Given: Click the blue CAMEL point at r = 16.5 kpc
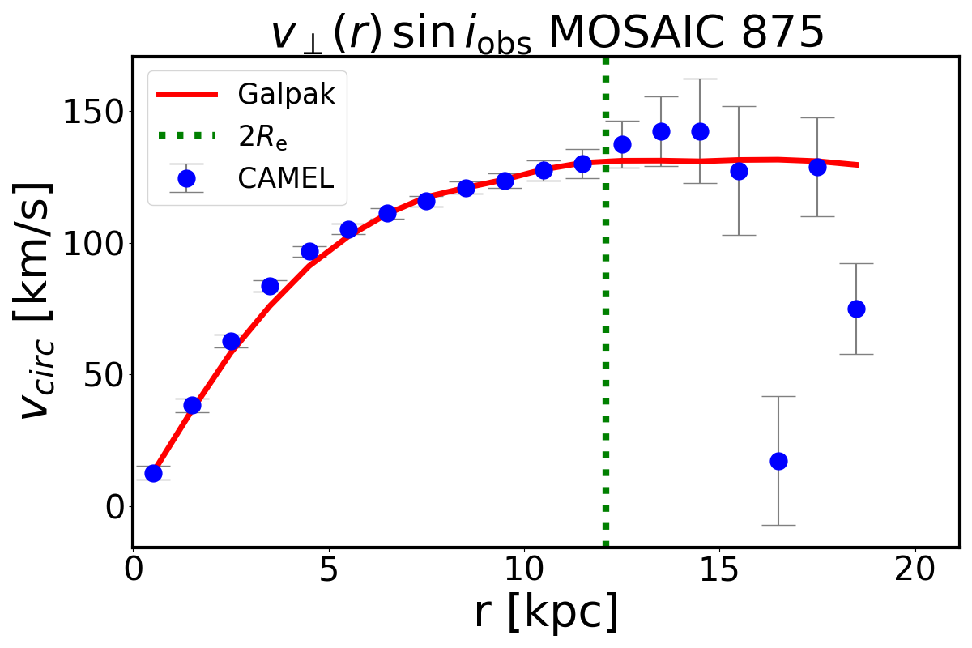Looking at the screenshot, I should click(x=778, y=461).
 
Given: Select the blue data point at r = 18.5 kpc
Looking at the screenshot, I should click(x=856, y=309).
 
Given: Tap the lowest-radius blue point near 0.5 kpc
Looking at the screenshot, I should click(x=153, y=473).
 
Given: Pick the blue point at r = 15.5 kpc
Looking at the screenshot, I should click(x=739, y=171).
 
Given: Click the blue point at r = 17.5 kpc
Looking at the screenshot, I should click(x=817, y=167).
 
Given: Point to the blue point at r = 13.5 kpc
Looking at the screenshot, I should click(x=661, y=131).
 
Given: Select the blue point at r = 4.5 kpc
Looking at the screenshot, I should click(x=309, y=251).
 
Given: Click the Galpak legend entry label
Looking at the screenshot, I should click(x=286, y=95).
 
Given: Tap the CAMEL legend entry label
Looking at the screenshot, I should click(x=285, y=179).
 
